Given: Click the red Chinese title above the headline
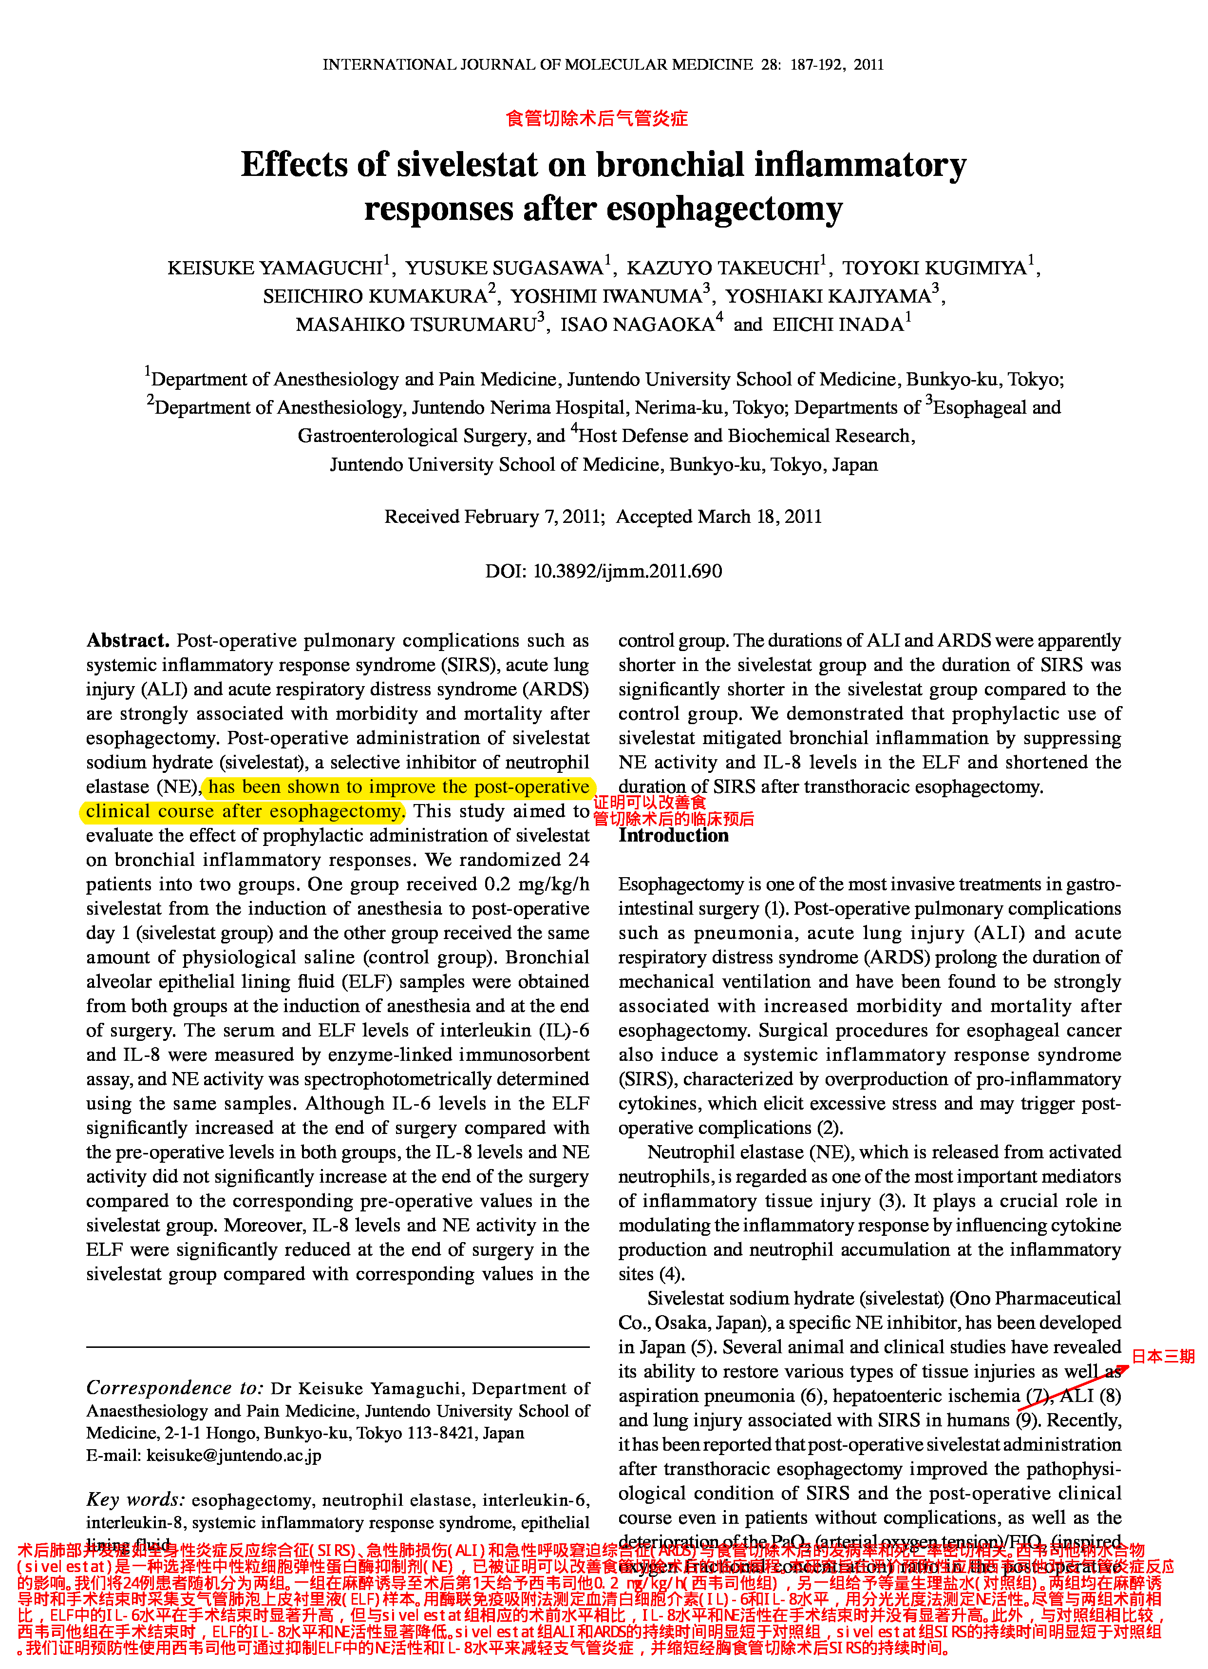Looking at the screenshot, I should [597, 118].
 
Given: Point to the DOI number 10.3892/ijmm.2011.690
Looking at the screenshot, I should [627, 571].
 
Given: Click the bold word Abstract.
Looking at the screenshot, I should [127, 640].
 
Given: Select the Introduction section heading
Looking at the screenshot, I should [673, 835].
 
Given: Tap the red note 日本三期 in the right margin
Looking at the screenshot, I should [1162, 1356].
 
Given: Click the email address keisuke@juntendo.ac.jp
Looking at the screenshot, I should [234, 1455].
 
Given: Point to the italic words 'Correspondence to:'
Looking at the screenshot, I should [174, 1388].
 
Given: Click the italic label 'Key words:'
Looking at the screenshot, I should [135, 1500].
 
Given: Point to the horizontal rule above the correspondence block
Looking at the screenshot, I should [338, 1347].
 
